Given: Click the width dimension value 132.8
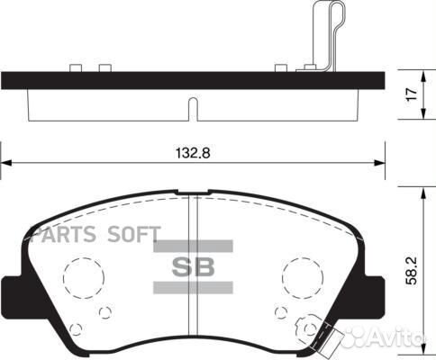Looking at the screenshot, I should pyautogui.click(x=193, y=154).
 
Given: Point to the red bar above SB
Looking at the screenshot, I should pyautogui.click(x=193, y=246).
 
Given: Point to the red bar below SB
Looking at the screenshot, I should pyautogui.click(x=193, y=287).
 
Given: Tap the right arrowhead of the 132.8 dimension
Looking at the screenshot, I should pyautogui.click(x=378, y=163).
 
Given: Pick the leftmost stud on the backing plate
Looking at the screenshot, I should pyautogui.click(x=76, y=67).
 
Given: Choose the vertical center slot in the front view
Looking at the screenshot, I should pyautogui.click(x=193, y=270).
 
